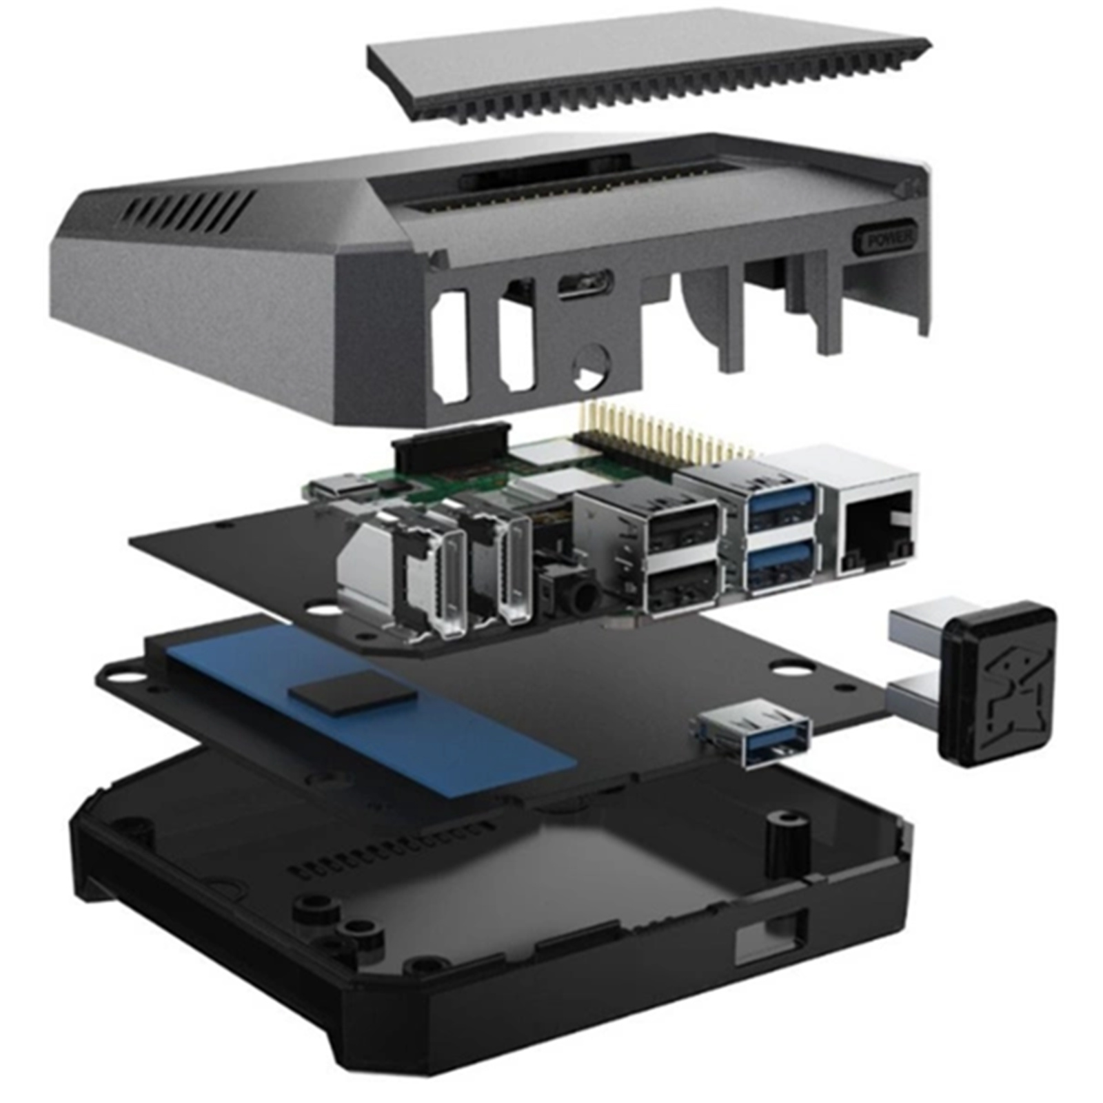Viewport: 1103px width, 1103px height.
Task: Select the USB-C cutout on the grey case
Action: coord(585,283)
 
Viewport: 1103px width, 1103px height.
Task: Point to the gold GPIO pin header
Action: coord(665,431)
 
